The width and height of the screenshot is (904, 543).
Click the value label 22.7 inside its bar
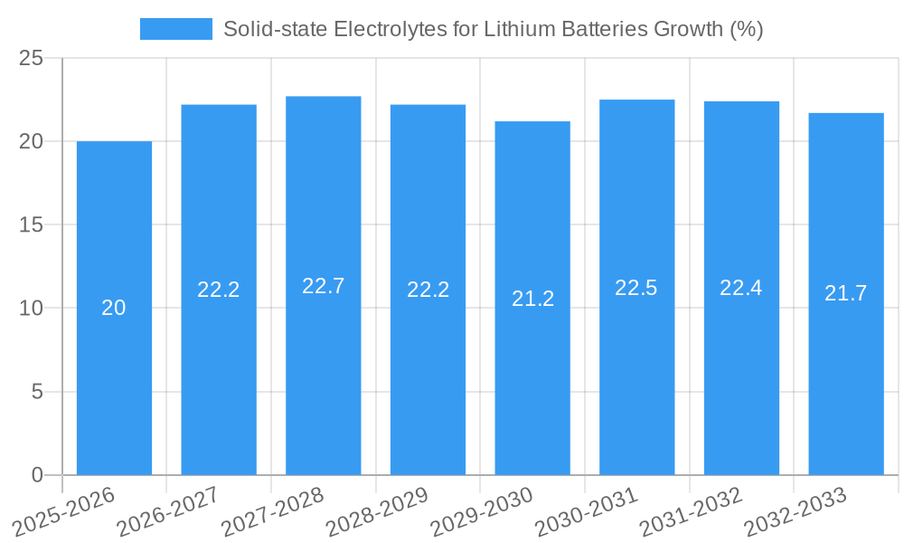point(323,286)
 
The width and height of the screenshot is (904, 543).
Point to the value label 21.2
point(532,299)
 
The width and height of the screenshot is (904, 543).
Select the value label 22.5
point(636,288)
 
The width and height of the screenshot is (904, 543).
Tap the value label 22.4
point(741,288)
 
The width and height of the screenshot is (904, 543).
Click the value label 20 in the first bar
point(114,308)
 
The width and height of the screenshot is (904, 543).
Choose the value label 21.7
point(846,293)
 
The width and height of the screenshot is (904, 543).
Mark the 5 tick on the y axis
point(37,392)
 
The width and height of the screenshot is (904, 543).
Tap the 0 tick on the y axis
point(37,475)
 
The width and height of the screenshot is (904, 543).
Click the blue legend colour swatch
point(175,29)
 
